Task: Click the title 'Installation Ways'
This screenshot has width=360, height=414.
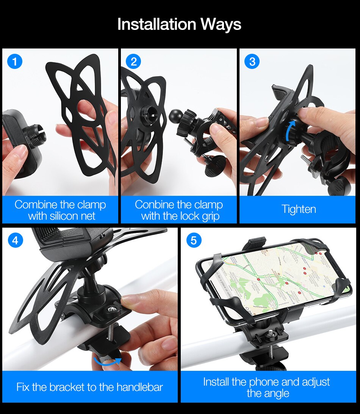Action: coord(179,24)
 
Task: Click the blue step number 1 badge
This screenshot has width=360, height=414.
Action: coord(15,61)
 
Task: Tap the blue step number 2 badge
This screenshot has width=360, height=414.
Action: coord(133,61)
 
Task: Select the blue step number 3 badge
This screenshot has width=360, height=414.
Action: coord(252,61)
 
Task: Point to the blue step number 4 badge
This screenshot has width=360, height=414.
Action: coord(15,240)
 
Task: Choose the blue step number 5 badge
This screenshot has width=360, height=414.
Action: coord(194,240)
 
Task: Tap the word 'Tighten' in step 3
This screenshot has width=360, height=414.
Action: coord(299,209)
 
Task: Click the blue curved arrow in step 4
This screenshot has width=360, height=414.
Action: coord(108,362)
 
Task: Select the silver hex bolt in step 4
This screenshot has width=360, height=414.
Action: coord(111,310)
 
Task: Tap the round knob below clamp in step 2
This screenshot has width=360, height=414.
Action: coord(214,166)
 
